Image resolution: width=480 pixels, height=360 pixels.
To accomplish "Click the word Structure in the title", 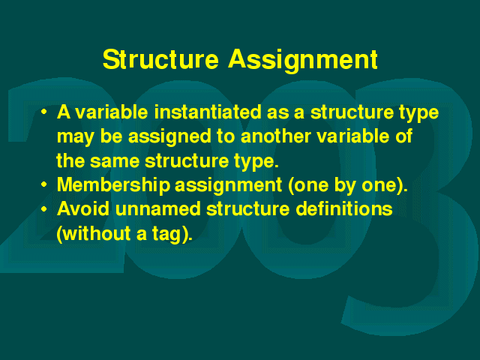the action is pos(160,59).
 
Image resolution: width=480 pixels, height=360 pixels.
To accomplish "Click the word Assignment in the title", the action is pos(303,60).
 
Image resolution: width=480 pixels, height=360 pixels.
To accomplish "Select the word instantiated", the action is pos(208,112).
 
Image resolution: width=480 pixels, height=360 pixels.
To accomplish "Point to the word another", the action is pos(275,136).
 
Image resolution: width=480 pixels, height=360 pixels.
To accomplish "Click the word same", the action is pos(115,161).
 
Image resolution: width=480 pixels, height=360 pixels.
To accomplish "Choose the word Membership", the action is pos(113,185).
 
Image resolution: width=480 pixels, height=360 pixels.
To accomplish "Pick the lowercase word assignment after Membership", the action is pos(228,186).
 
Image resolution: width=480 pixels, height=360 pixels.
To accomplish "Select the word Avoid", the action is pos(83,209).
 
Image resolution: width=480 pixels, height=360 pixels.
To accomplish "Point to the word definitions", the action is pos(344,209).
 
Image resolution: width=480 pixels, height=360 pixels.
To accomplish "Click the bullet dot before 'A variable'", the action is pos(44,112).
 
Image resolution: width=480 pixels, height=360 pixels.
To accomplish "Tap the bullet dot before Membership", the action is pos(44,184).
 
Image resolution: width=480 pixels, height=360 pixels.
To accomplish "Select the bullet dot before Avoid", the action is pos(44,209).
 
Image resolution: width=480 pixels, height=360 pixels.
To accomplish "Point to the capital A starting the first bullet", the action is pos(64,112).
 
